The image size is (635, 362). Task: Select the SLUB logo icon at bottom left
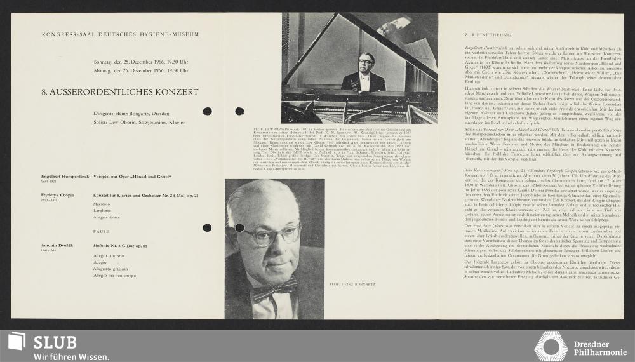click(x=17, y=341)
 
